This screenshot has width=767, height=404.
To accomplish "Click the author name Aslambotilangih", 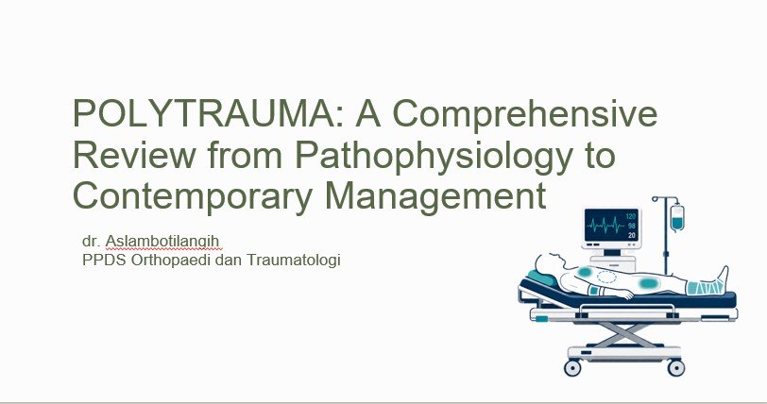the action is tap(162, 242).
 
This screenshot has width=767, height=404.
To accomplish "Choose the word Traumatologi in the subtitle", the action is tap(293, 260).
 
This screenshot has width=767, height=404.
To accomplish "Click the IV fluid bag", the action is tap(677, 218).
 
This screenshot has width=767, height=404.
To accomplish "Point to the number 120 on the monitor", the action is tap(631, 217).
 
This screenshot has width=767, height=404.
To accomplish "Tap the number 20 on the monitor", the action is tap(632, 235).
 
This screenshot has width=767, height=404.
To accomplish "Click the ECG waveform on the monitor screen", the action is tap(605, 226).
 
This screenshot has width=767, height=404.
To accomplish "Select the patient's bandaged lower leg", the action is tap(705, 287).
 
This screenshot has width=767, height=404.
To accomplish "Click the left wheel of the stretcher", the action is tap(572, 367).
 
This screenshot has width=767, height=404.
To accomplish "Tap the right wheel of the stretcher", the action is tap(676, 367).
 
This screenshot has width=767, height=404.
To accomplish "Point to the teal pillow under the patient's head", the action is tap(541, 278).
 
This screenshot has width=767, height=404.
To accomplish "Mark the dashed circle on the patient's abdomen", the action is tap(606, 277).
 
